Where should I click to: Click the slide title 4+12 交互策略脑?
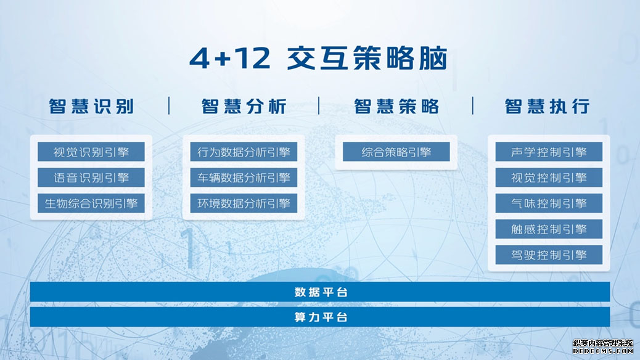pos(318,58)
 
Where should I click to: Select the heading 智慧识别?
pos(91,106)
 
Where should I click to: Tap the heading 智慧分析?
pos(244,106)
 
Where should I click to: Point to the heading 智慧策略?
pos(396,106)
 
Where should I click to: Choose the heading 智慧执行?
pos(547,106)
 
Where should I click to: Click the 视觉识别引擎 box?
pos(91,152)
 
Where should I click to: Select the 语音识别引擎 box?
pos(91,178)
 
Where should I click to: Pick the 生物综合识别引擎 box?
pos(91,203)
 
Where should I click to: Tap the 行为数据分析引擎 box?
pos(244,152)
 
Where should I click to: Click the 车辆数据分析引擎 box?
pos(244,178)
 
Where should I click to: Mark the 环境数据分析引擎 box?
pos(244,203)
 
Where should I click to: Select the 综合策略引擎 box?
pos(396,152)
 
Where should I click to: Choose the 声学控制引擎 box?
pos(549,152)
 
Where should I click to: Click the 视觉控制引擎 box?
pos(549,178)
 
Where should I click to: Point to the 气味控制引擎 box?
pos(549,203)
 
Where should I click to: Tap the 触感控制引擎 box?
pos(549,229)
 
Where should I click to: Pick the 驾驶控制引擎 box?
pos(549,255)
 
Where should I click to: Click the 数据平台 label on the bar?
pos(321,292)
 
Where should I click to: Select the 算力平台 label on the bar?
pos(321,317)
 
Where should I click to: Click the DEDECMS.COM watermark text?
pos(603,351)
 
